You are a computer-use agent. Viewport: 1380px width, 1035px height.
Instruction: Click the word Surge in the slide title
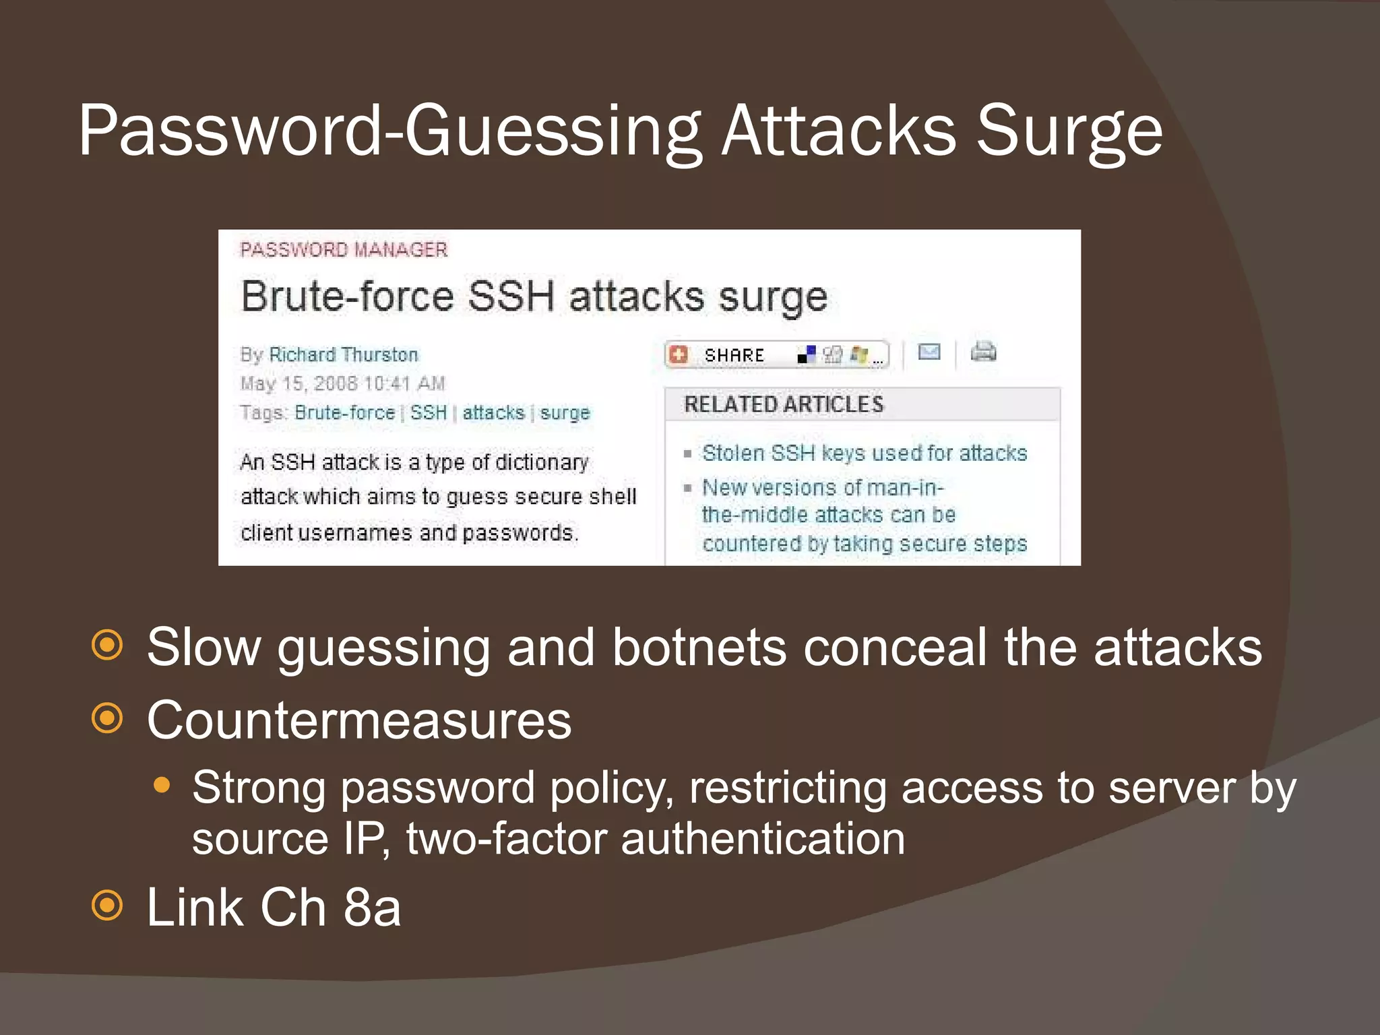pyautogui.click(x=1069, y=131)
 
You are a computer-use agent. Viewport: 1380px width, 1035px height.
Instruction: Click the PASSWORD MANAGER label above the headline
pyautogui.click(x=344, y=250)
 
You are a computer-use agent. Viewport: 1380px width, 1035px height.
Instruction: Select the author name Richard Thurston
pyautogui.click(x=344, y=354)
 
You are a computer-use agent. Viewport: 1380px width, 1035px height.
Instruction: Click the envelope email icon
pyautogui.click(x=929, y=352)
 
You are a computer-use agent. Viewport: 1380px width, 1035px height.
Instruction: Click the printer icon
pyautogui.click(x=983, y=352)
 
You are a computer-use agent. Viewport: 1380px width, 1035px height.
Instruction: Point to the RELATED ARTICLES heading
pyautogui.click(x=784, y=404)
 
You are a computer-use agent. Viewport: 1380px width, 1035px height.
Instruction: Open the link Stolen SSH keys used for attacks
pyautogui.click(x=865, y=453)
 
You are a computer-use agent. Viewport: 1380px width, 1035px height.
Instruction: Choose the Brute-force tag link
pyautogui.click(x=344, y=412)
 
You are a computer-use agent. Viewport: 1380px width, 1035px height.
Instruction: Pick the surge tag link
pyautogui.click(x=565, y=412)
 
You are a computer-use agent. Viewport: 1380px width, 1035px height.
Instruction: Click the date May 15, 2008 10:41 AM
pyautogui.click(x=343, y=383)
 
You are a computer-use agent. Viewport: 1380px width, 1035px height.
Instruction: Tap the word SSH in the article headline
pyautogui.click(x=511, y=296)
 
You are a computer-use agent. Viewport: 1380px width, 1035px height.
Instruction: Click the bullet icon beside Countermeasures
pyautogui.click(x=108, y=718)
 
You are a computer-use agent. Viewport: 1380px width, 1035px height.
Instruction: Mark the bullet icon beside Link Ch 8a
pyautogui.click(x=108, y=905)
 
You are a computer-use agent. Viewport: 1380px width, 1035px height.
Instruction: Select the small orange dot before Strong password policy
pyautogui.click(x=162, y=785)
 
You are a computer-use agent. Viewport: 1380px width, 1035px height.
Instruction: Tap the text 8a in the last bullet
pyautogui.click(x=372, y=907)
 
